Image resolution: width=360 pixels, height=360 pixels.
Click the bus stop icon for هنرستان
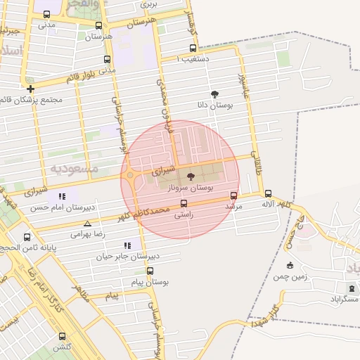[x=98, y=25]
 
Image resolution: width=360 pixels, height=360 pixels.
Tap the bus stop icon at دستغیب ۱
[x=193, y=49]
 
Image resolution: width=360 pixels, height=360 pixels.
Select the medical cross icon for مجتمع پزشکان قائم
[x=30, y=89]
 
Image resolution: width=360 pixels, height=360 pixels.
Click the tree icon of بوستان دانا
[x=214, y=94]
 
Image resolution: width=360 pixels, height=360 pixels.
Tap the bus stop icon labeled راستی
[x=184, y=204]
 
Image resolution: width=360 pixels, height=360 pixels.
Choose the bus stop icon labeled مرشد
[x=233, y=196]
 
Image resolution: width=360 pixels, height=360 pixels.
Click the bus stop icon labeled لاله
[x=268, y=193]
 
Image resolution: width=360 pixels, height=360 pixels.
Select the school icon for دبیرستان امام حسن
[x=62, y=197]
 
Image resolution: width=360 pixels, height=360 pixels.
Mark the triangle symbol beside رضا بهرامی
[x=87, y=224]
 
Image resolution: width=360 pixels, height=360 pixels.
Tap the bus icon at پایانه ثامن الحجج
[x=27, y=237]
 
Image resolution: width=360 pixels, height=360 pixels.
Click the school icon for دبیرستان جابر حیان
[x=127, y=245]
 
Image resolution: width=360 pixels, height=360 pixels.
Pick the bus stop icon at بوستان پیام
[x=150, y=271]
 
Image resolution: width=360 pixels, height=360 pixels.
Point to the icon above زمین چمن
[x=290, y=265]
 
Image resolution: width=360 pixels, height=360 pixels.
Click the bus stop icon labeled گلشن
[x=62, y=336]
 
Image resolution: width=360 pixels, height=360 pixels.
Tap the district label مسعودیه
[x=71, y=169]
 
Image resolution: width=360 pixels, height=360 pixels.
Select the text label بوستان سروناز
[x=191, y=188]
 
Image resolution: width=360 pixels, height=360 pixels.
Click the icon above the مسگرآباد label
[x=352, y=288]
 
